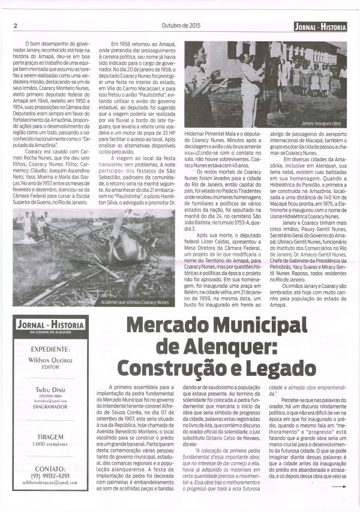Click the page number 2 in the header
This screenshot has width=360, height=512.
tap(14, 25)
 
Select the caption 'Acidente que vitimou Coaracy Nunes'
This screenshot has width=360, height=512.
tap(136, 303)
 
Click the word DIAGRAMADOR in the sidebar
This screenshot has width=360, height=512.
tap(50, 406)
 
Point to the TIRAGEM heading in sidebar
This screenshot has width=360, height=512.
tap(50, 437)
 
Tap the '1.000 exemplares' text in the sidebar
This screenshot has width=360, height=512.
tap(50, 445)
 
